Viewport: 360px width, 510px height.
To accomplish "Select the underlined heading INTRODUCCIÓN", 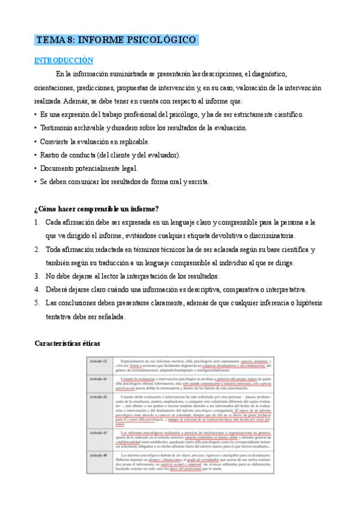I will pyautogui.click(x=64, y=61).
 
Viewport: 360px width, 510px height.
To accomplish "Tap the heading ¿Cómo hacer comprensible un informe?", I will pyautogui.click(x=97, y=209).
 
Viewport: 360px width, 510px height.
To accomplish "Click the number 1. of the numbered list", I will pyautogui.click(x=37, y=223).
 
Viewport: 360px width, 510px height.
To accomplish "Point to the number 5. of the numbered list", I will pyautogui.click(x=37, y=303).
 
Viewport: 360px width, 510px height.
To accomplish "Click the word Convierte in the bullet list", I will pyautogui.click(x=57, y=141).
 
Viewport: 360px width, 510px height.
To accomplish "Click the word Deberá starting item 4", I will pyautogui.click(x=58, y=289).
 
